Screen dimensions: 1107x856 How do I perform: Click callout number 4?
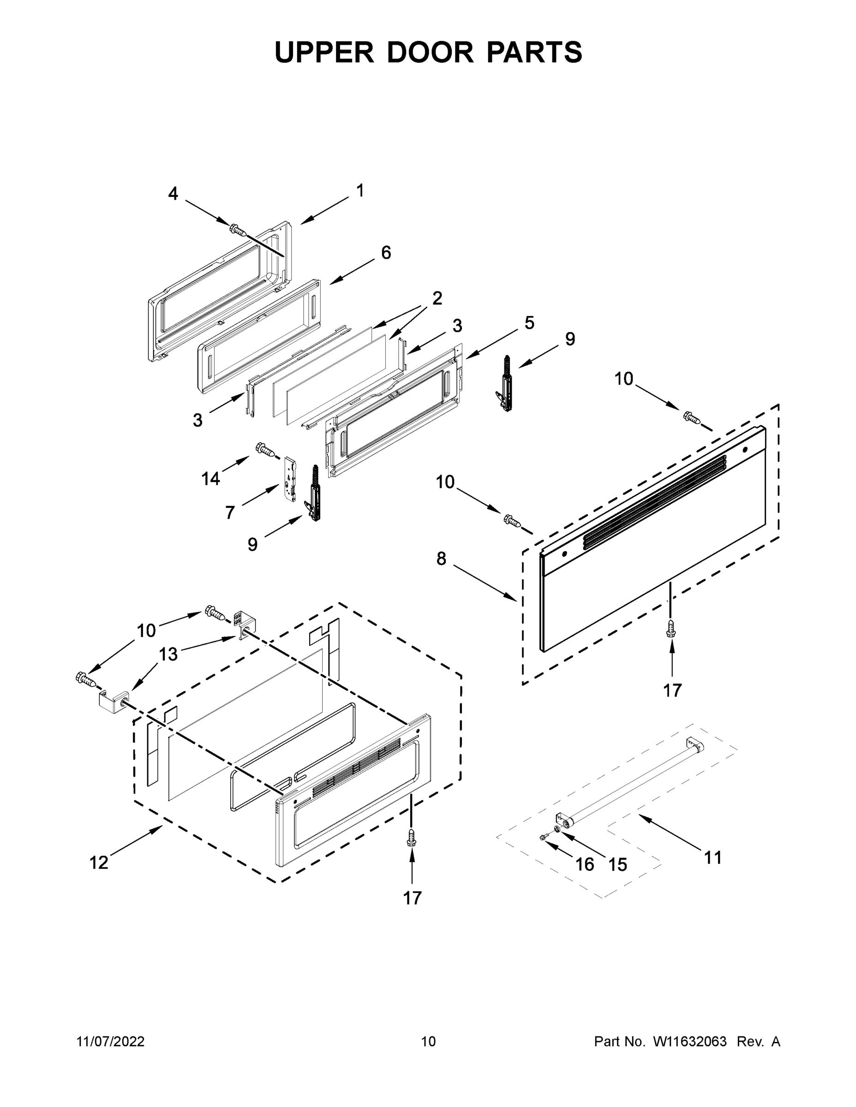173,194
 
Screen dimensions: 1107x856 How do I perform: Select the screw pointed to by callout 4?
237,230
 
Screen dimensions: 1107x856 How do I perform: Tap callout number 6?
386,252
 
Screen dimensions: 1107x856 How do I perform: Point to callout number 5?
529,322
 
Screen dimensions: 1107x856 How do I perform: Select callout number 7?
230,513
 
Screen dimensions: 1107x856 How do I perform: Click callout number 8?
441,559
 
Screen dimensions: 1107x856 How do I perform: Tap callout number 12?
99,862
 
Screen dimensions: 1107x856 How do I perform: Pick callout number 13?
168,655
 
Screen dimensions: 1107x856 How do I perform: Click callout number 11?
712,857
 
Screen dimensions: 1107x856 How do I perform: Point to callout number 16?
585,864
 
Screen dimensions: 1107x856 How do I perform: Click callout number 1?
359,190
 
